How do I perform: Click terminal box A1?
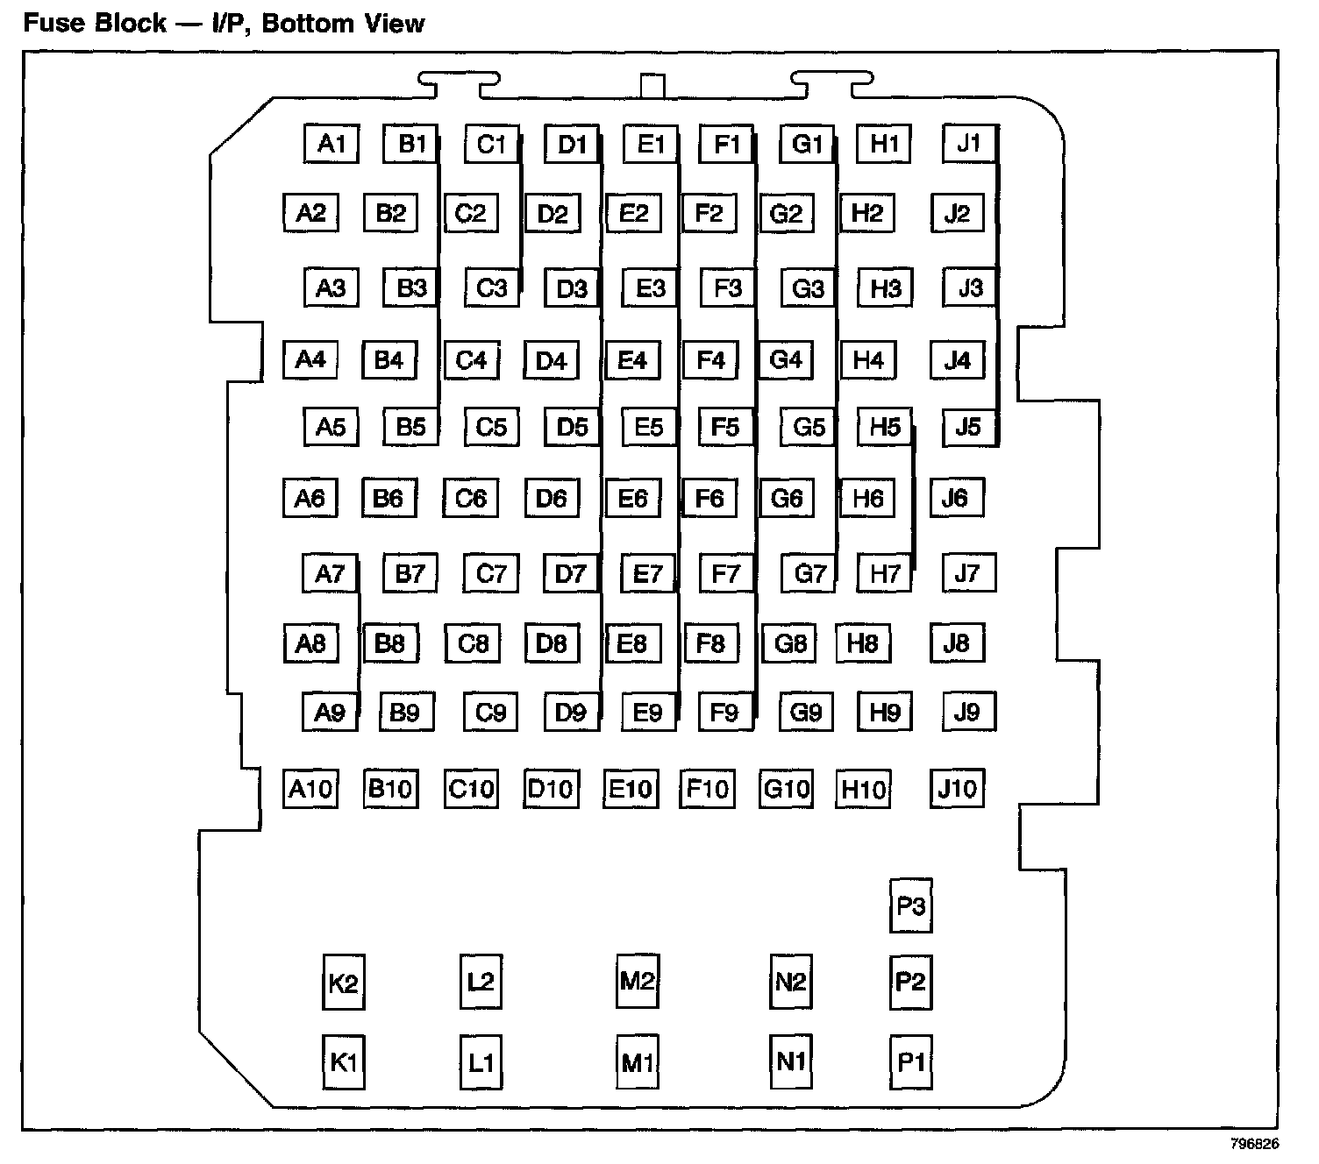(332, 144)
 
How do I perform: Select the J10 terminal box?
(957, 788)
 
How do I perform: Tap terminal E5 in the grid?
(649, 427)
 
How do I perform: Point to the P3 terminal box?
(910, 905)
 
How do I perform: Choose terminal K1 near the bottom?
(343, 1062)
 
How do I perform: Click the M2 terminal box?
(637, 981)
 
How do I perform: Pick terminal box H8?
(863, 643)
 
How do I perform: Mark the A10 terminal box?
(310, 789)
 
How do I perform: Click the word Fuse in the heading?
(53, 23)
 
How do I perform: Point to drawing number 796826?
(1254, 1145)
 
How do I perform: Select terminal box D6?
(552, 499)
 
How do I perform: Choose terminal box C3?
(491, 288)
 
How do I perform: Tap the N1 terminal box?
(790, 1061)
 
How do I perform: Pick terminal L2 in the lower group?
(481, 982)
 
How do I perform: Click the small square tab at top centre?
(652, 87)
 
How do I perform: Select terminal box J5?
(968, 427)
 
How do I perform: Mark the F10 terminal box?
(707, 789)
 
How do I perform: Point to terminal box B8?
(389, 644)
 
